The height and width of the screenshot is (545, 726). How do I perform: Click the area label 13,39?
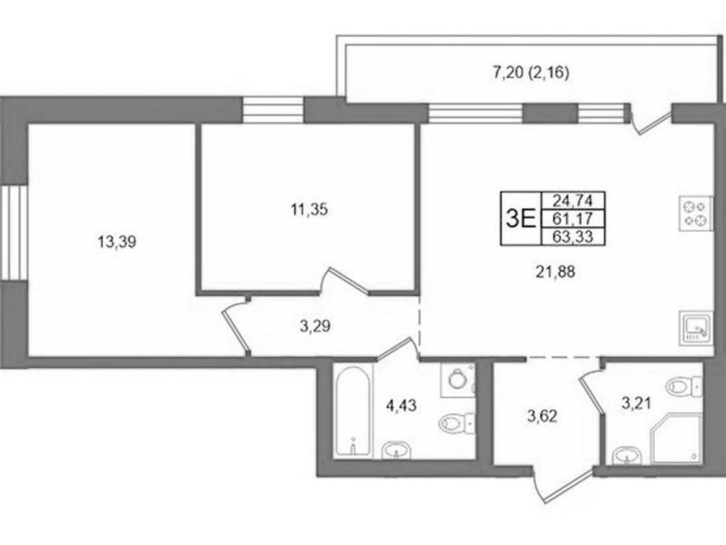(117, 241)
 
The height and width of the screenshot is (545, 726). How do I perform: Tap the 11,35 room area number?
(309, 210)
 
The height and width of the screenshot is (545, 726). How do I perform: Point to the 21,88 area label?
(555, 271)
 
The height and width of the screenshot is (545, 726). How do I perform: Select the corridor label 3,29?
(315, 327)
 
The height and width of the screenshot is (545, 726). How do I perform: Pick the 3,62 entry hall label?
(542, 416)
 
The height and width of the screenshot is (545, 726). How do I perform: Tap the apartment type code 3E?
(520, 218)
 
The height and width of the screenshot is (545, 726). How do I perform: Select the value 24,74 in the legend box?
(573, 200)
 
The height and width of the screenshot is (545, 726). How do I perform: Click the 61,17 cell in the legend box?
(573, 218)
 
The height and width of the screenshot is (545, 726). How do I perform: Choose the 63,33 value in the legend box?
(573, 236)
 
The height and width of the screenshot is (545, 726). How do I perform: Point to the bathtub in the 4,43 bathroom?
(353, 411)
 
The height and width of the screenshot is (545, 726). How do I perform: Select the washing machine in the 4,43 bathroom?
(458, 379)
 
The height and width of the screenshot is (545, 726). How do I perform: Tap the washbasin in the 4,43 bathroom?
(396, 450)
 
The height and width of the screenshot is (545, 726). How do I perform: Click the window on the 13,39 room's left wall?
(14, 232)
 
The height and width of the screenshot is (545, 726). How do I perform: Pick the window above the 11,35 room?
(273, 110)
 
